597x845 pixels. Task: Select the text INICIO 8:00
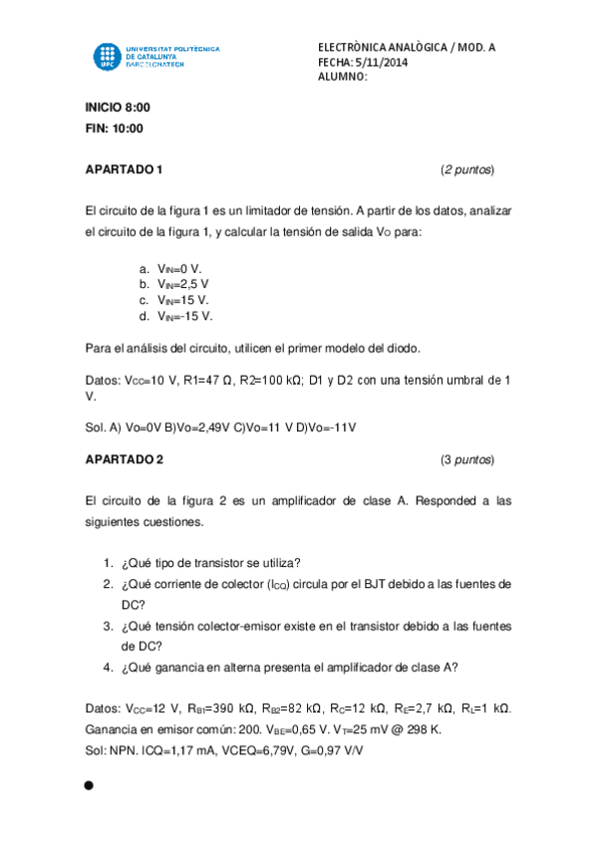point(118,107)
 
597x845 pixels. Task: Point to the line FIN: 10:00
point(115,128)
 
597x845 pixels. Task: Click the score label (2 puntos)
point(466,169)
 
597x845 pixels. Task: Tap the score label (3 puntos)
point(466,459)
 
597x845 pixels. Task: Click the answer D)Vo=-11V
point(326,427)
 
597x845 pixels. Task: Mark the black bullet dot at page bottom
point(89,786)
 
